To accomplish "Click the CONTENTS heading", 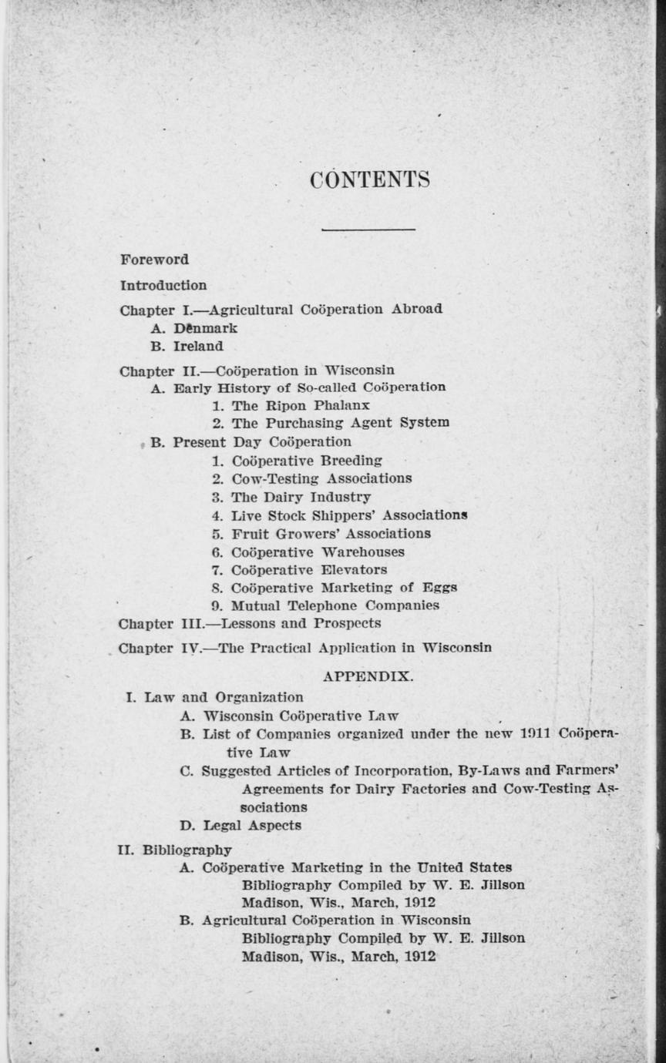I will (x=369, y=179).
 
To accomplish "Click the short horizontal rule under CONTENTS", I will (x=368, y=229).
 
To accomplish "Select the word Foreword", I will (x=154, y=260).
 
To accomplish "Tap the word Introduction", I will (x=163, y=286).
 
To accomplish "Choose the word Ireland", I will (x=198, y=347).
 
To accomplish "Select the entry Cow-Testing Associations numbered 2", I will (x=321, y=478).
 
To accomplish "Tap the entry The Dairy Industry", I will (x=301, y=497).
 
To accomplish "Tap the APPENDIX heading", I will (x=368, y=677).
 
